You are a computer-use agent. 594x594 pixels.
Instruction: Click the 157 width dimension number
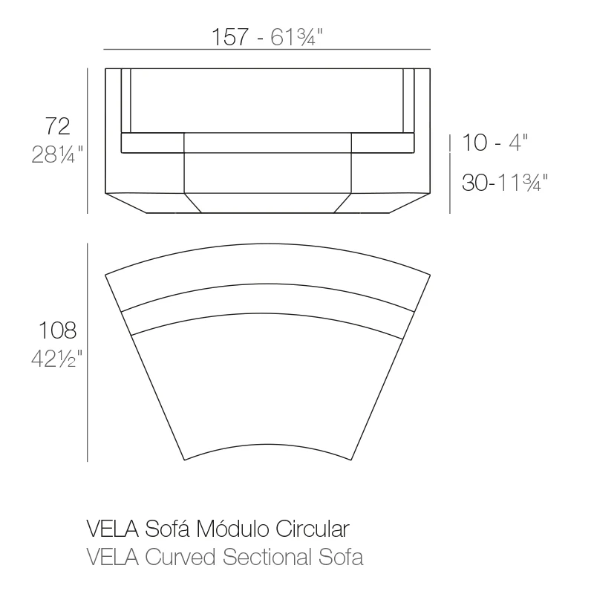230,36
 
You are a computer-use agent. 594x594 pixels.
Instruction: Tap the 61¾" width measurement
296,36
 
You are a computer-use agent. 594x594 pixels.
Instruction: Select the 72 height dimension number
58,126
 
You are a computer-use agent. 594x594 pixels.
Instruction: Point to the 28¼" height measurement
57,154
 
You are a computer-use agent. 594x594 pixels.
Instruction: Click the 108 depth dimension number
58,330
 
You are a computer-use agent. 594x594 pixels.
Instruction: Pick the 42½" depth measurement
56,359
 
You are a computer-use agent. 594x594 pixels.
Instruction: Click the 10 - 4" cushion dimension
495,143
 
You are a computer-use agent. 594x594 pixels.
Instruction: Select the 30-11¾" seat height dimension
505,182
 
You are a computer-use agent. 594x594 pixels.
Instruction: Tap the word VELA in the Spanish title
113,529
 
